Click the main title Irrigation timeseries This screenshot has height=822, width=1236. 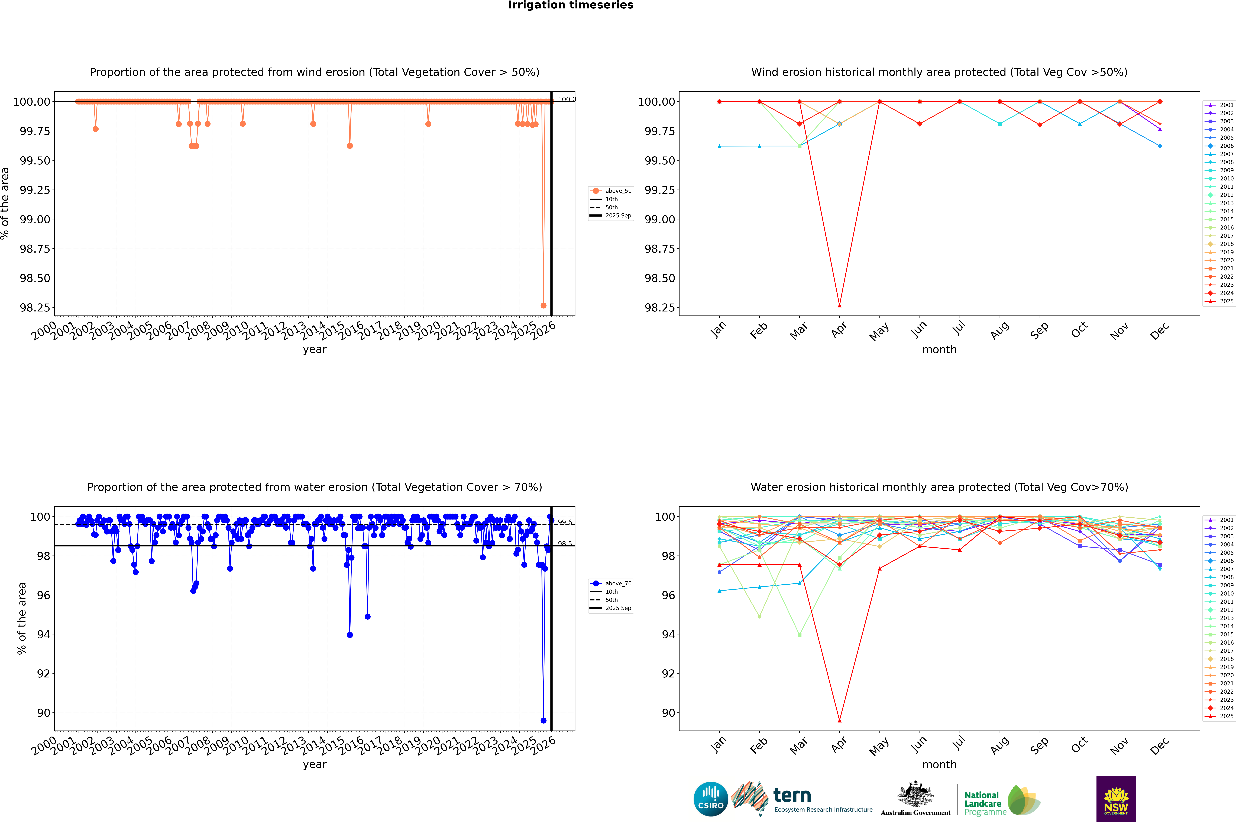[x=571, y=5]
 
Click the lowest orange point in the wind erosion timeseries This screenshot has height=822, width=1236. [x=543, y=305]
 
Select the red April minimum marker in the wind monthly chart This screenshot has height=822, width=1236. [x=839, y=305]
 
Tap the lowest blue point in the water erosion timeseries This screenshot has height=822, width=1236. [x=543, y=720]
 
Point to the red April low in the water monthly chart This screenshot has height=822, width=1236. [x=839, y=720]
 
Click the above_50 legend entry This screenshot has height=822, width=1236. [x=618, y=191]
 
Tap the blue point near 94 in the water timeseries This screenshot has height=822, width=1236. [x=350, y=635]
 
